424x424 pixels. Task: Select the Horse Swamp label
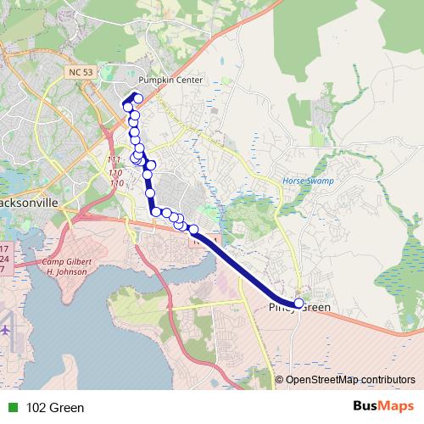coord(308,181)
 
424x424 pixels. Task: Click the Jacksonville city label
coord(29,204)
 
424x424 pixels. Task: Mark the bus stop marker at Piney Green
coord(298,304)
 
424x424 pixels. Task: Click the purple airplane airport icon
coord(6,328)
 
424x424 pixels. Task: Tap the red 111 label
coord(115,160)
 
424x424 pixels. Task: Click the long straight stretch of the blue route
coord(246,266)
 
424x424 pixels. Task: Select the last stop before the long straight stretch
coord(193,229)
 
